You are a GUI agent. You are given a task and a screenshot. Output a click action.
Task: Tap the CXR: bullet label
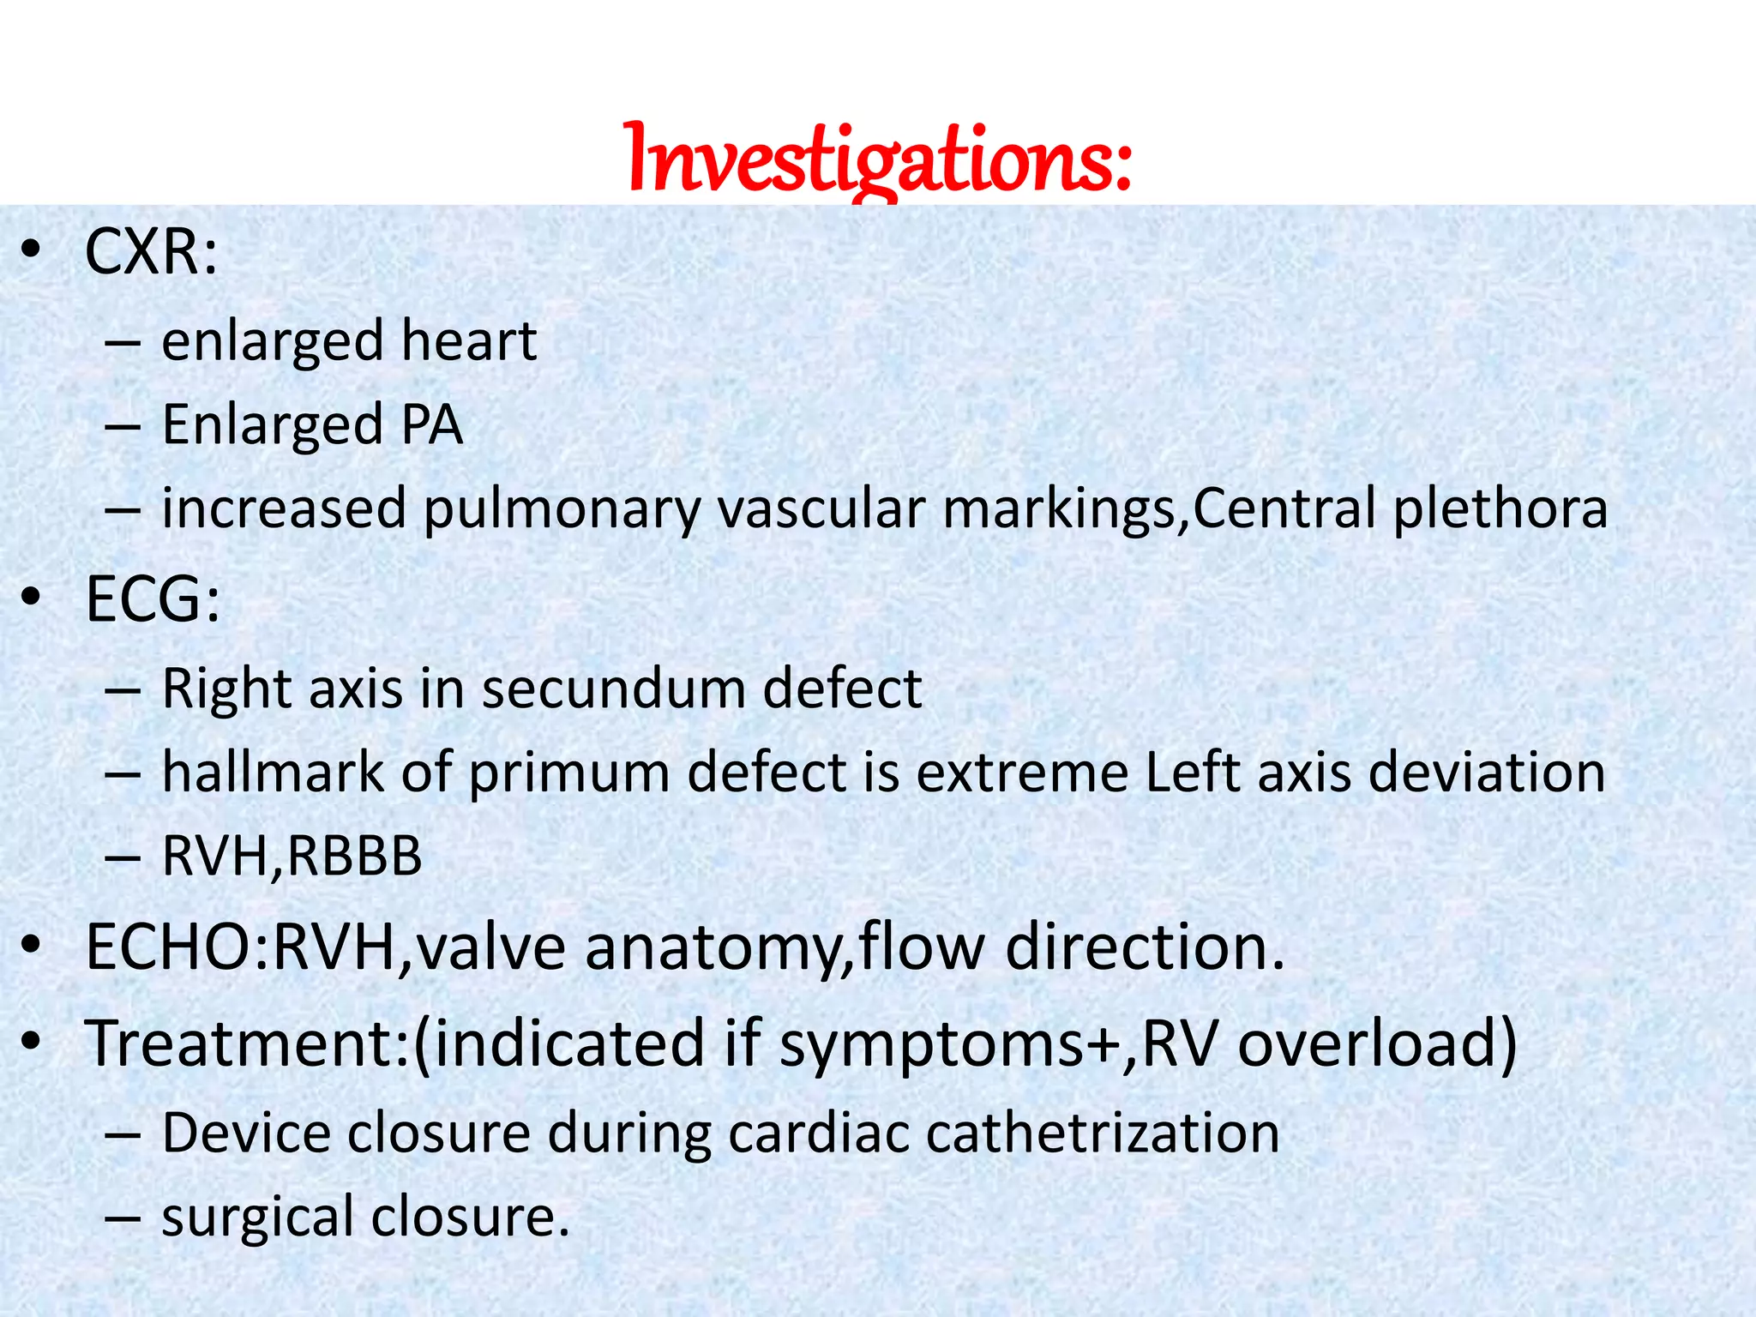(151, 253)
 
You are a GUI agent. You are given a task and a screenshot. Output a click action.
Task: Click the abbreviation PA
(431, 424)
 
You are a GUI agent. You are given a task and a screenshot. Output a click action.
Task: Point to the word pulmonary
(562, 509)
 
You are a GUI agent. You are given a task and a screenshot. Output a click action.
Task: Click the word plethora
(1500, 508)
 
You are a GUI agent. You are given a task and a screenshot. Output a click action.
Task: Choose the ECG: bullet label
(153, 599)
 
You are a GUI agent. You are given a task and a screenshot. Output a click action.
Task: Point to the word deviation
(1487, 772)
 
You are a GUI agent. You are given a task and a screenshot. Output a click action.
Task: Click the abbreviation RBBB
(354, 856)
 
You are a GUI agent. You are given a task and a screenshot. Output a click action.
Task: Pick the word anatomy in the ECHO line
(714, 948)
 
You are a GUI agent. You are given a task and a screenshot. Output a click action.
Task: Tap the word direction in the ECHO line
(1145, 948)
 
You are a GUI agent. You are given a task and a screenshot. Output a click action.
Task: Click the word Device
(246, 1133)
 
